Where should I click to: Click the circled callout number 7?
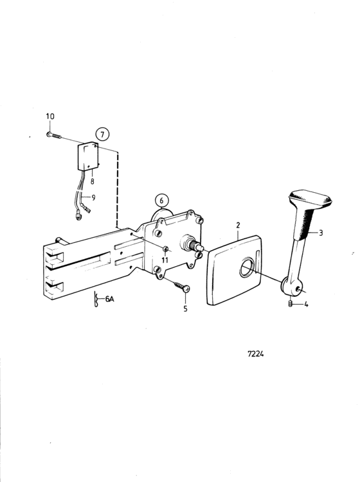click(x=102, y=134)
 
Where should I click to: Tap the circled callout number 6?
click(x=162, y=201)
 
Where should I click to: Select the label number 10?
click(x=50, y=116)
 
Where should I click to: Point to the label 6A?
click(x=109, y=298)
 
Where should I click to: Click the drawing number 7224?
click(x=256, y=354)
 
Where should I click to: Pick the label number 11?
click(x=165, y=260)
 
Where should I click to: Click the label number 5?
click(x=185, y=308)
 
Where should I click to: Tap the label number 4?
click(x=306, y=305)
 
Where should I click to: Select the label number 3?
click(x=321, y=233)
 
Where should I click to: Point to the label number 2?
click(x=238, y=225)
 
